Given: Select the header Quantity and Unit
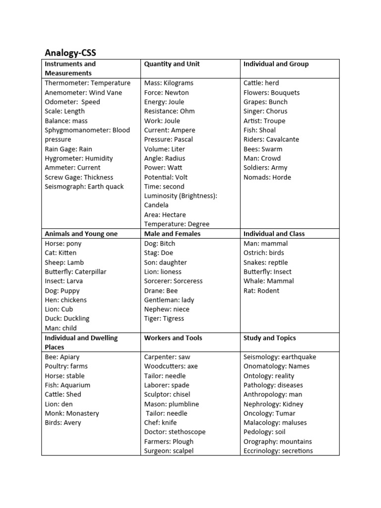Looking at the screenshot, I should click(x=172, y=64).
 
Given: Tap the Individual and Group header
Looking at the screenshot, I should click(x=276, y=64).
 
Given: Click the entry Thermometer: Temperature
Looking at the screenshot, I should click(x=87, y=83).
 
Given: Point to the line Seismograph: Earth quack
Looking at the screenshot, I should click(x=84, y=187).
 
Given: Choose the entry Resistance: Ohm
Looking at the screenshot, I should click(x=169, y=111).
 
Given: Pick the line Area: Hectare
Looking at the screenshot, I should click(x=165, y=215).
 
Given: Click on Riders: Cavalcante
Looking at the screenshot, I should click(x=271, y=139).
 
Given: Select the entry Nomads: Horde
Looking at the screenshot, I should click(x=267, y=177).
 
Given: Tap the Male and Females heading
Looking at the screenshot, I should click(x=172, y=234).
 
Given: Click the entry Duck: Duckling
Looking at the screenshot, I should click(x=67, y=318).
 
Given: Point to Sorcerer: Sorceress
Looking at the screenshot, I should click(x=173, y=281).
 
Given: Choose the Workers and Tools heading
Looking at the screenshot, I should click(x=173, y=338).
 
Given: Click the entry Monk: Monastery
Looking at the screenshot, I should click(x=72, y=413).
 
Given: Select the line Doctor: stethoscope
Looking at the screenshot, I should click(x=175, y=432).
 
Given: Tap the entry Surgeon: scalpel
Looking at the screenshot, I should click(x=169, y=451).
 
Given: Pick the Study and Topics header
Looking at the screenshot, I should click(x=269, y=338).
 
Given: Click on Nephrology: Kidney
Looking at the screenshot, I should click(x=273, y=404).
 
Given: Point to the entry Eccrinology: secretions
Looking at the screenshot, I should click(x=278, y=451).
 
